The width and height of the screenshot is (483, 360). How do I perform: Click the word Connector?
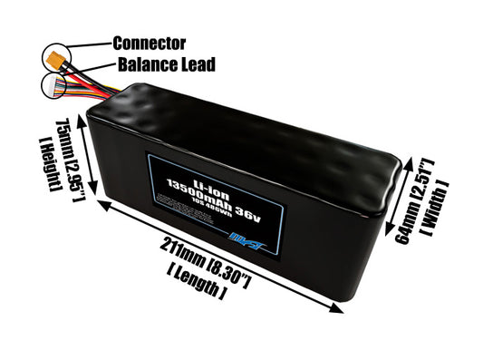pos(150,43)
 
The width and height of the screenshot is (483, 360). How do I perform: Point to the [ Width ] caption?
pos(452,203)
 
